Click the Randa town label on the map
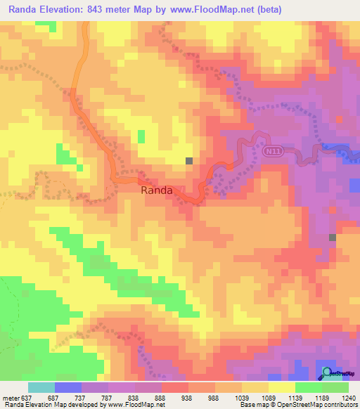157,190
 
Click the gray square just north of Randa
188,161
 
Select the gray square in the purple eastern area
332,238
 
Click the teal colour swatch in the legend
41,387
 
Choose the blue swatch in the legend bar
68,387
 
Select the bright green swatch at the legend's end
335,387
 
